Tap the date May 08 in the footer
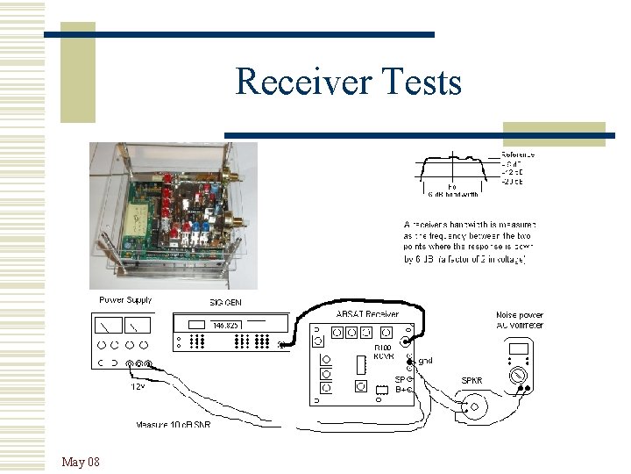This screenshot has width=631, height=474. coord(81,462)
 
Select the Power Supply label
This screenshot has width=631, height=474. coord(125,300)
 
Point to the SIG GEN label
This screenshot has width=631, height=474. coord(223,303)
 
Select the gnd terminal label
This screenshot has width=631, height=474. coord(426,361)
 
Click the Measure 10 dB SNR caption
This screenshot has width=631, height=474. coord(173,425)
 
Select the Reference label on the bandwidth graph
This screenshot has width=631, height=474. coord(518,154)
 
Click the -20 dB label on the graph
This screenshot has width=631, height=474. coord(513,182)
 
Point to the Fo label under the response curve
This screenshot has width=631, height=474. coord(451,186)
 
